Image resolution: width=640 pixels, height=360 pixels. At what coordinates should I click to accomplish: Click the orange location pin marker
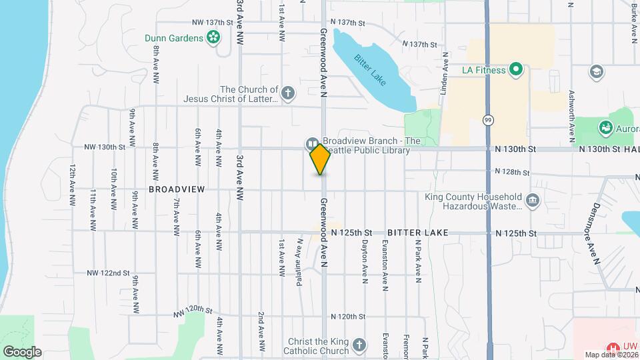321,159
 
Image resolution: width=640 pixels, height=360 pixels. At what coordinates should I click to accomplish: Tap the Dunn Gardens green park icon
213,38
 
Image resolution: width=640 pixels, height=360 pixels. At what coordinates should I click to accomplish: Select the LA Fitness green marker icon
515,69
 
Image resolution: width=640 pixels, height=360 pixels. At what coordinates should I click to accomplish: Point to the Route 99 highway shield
488,119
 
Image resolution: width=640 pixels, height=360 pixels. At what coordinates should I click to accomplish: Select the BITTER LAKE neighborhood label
417,233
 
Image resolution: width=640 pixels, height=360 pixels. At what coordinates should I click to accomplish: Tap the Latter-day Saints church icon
288,93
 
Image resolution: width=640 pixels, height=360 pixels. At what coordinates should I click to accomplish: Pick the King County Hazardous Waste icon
533,201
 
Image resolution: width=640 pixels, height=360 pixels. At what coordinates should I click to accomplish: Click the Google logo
21,351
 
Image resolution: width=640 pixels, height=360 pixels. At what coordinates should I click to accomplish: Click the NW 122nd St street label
107,273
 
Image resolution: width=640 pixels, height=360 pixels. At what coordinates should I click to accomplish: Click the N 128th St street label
512,172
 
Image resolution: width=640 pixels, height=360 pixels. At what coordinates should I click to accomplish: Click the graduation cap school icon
596,71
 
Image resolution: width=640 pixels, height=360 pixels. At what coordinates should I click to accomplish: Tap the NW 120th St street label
193,311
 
